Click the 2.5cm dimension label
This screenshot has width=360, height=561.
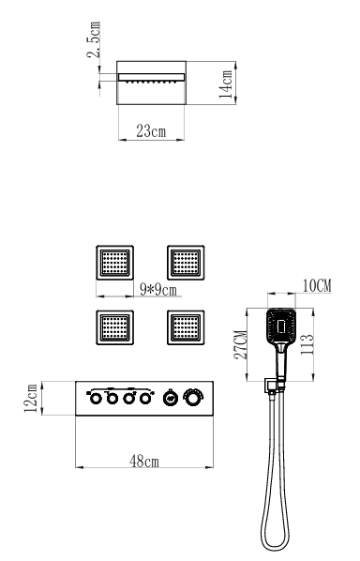[94, 39]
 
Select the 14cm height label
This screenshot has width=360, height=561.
[226, 84]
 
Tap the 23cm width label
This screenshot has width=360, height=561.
[151, 131]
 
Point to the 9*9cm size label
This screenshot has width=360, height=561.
[158, 290]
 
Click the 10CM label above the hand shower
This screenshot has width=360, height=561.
[317, 286]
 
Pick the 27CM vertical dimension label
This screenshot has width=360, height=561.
[241, 344]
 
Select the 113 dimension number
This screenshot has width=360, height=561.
[307, 344]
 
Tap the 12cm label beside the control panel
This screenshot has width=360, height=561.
[31, 398]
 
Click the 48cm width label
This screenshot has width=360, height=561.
[144, 462]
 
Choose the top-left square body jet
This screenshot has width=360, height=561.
[114, 263]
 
